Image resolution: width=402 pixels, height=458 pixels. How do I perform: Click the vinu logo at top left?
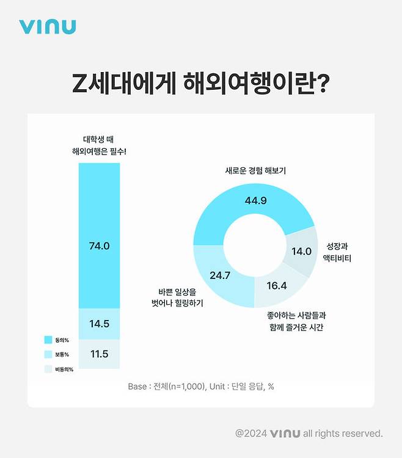[47, 26]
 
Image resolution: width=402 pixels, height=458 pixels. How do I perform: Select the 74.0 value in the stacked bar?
[99, 246]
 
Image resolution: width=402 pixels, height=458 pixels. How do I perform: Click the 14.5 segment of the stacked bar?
[99, 324]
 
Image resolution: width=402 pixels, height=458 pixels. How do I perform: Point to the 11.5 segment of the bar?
[99, 354]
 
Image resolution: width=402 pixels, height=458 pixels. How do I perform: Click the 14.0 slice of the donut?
[301, 251]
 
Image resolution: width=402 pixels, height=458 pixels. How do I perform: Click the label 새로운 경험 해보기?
[255, 171]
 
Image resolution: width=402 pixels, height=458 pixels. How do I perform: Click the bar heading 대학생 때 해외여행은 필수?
[99, 145]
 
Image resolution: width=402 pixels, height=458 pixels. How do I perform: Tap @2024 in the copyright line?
[251, 433]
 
